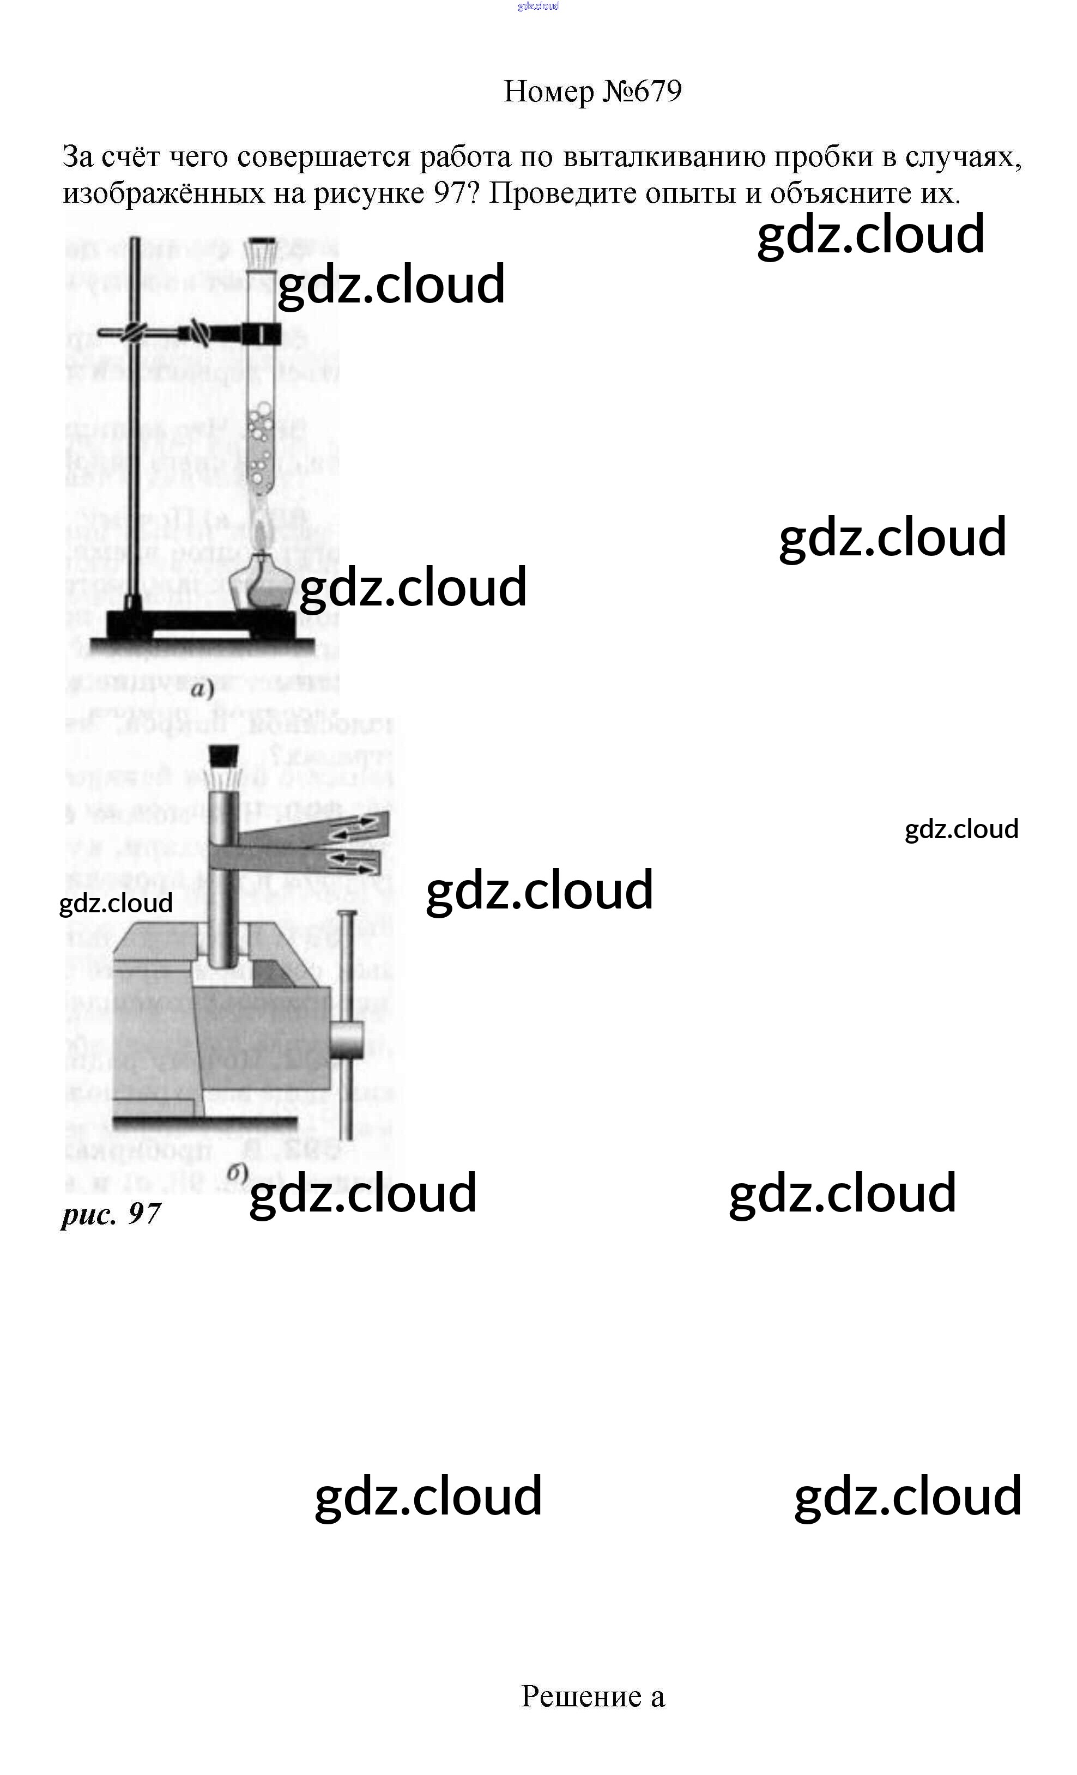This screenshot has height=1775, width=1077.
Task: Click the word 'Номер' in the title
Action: [549, 92]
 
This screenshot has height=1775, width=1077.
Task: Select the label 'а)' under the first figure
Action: [202, 689]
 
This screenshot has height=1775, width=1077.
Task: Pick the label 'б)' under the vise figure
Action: [237, 1172]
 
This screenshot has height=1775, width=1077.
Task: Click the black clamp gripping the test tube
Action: [261, 334]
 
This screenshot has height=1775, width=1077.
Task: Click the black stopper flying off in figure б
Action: [223, 754]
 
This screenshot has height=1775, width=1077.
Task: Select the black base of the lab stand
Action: [202, 624]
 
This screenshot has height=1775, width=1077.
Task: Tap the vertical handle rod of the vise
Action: [347, 1023]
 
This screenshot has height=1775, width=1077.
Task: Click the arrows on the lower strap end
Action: [353, 859]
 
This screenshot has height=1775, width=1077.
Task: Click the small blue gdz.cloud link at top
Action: [538, 7]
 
